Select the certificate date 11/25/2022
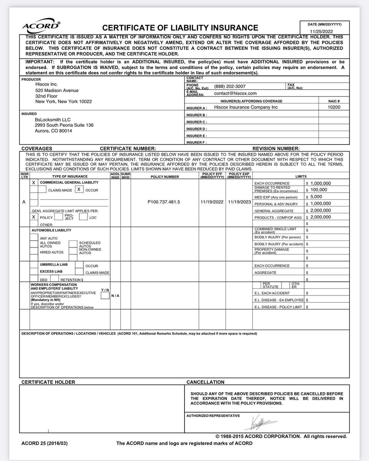click(x=321, y=31)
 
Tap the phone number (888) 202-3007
click(x=230, y=86)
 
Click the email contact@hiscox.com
click(x=235, y=93)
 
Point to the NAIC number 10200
click(x=334, y=107)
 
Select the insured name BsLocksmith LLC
click(x=53, y=120)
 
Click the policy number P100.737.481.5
click(x=164, y=202)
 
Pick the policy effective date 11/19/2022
click(x=212, y=202)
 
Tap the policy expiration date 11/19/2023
click(x=239, y=202)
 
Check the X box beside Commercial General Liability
click(x=34, y=183)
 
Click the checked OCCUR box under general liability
click(x=79, y=189)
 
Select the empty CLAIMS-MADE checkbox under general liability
click(x=42, y=189)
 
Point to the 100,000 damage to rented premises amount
click(x=319, y=190)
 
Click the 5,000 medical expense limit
click(x=316, y=197)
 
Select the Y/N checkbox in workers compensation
click(x=105, y=296)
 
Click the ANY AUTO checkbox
click(x=34, y=237)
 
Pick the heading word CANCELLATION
click(x=205, y=382)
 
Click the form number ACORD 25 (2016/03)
click(x=44, y=443)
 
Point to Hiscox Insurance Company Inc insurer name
click(x=246, y=107)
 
